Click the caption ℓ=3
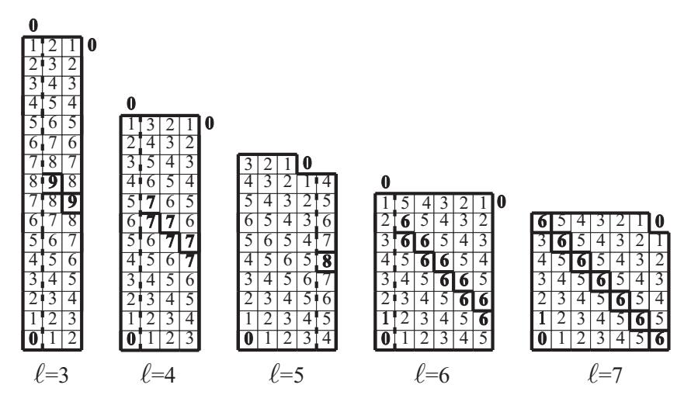(51, 375)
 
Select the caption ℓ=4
(158, 375)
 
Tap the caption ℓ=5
(286, 375)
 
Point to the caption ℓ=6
(432, 375)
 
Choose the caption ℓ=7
(605, 375)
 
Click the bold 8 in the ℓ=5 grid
(327, 261)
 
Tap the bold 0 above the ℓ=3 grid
(33, 26)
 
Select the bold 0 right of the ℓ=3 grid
(92, 45)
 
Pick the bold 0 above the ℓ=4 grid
(131, 104)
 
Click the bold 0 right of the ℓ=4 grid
(209, 123)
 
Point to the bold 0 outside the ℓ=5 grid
(307, 164)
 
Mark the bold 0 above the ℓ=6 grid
(386, 182)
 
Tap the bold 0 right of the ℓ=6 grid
(502, 202)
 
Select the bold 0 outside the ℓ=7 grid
(660, 221)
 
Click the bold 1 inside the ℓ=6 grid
(386, 319)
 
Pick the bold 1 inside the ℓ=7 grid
(542, 319)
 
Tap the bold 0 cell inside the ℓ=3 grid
(33, 339)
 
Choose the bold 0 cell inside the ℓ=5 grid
(248, 339)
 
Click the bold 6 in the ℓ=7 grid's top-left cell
(542, 222)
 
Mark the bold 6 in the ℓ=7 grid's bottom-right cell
(660, 339)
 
